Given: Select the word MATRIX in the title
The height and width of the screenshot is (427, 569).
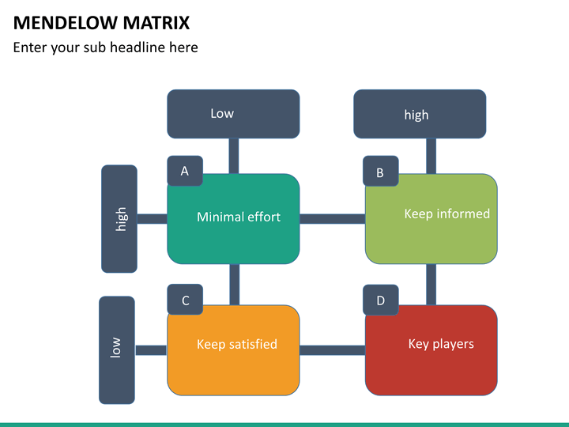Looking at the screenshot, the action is pyautogui.click(x=156, y=23).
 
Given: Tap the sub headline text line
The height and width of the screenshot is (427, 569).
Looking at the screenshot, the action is pyautogui.click(x=106, y=48).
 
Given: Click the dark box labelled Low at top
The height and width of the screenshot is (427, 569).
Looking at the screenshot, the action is pyautogui.click(x=233, y=114).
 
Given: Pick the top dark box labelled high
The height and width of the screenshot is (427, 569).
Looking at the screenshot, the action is pyautogui.click(x=420, y=114).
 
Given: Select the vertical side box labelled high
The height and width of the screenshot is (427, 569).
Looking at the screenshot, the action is pyautogui.click(x=119, y=218).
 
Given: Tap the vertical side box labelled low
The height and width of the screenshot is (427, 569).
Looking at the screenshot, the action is pyautogui.click(x=117, y=350).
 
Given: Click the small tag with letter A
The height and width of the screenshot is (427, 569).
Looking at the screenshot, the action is pyautogui.click(x=185, y=171).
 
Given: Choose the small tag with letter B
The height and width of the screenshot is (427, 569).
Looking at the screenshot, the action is pyautogui.click(x=381, y=171).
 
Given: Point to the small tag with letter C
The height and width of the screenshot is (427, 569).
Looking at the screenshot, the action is pyautogui.click(x=185, y=299).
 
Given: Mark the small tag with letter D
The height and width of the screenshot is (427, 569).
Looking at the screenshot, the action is pyautogui.click(x=381, y=299).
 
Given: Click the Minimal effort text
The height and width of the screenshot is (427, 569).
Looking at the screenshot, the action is pyautogui.click(x=239, y=217).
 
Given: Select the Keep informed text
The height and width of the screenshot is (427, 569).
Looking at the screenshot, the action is pyautogui.click(x=447, y=213).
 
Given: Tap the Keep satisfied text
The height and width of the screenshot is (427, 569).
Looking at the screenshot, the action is pyautogui.click(x=237, y=344).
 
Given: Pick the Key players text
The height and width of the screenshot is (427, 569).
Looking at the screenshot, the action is pyautogui.click(x=441, y=344).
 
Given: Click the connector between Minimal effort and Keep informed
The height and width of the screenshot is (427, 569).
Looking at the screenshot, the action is pyautogui.click(x=333, y=219).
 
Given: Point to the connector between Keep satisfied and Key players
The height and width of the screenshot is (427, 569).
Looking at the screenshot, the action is pyautogui.click(x=333, y=350).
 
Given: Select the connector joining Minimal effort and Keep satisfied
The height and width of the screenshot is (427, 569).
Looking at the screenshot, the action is pyautogui.click(x=235, y=285).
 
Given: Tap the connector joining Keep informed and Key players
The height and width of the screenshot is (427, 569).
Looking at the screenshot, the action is pyautogui.click(x=431, y=285).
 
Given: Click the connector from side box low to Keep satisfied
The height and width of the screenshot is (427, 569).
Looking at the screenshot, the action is pyautogui.click(x=151, y=350).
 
